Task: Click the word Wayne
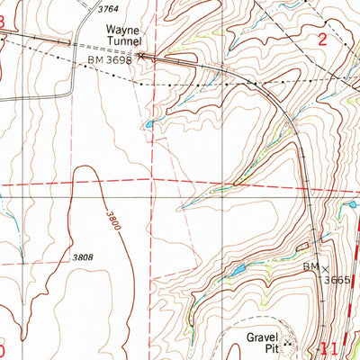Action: [x=124, y=29]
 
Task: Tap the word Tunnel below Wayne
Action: [x=124, y=41]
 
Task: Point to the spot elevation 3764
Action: [x=107, y=8]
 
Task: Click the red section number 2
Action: [x=321, y=39]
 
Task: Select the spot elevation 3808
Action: [x=83, y=257]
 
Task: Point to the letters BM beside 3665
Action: [x=311, y=268]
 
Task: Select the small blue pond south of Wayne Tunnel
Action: [x=148, y=123]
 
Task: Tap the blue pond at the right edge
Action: [x=352, y=204]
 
